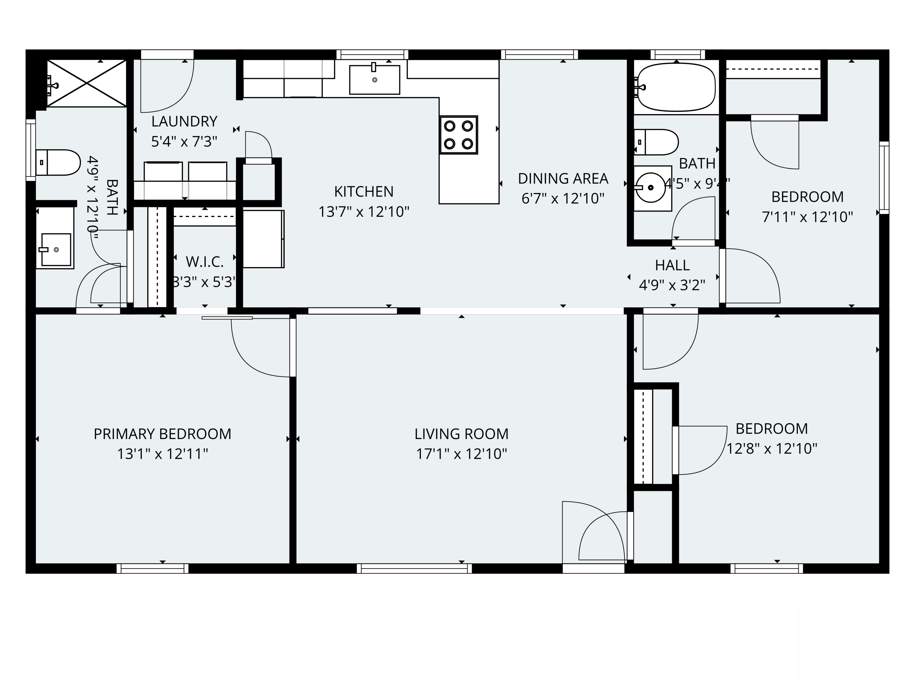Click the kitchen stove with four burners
[458, 135]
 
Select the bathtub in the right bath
[676, 87]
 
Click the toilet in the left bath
[58, 163]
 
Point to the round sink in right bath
[651, 188]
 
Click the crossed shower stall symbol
[86, 83]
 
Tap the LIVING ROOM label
[461, 434]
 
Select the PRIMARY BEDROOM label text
[162, 434]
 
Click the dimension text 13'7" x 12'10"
[364, 212]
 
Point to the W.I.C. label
[204, 262]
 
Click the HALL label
[672, 265]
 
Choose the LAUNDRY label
[184, 122]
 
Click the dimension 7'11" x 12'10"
[807, 217]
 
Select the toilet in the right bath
[656, 142]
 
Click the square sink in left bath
[56, 249]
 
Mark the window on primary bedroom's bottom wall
[152, 569]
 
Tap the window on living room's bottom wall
[414, 569]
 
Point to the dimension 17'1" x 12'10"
[461, 454]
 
